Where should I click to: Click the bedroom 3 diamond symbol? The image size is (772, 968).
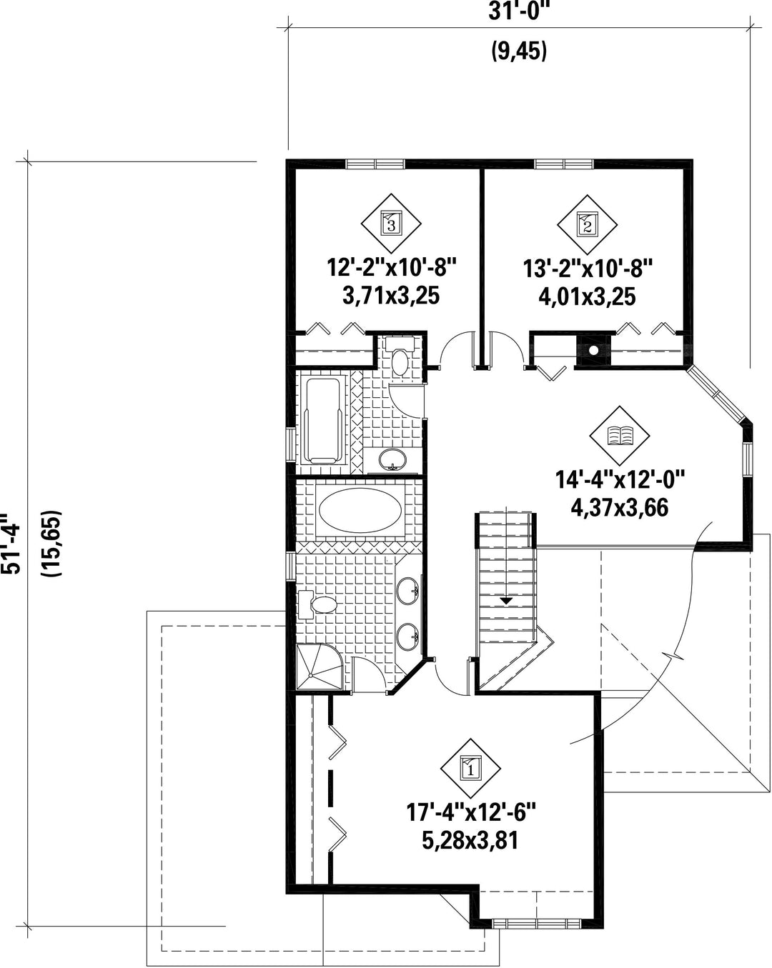click(390, 224)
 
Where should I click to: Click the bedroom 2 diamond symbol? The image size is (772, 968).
click(587, 224)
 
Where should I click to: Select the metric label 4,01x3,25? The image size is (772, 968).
click(587, 297)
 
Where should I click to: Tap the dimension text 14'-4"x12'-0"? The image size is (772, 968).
click(620, 479)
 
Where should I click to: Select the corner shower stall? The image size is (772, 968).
click(320, 666)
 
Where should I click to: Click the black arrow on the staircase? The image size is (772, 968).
click(506, 601)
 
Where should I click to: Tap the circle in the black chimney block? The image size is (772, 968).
click(594, 349)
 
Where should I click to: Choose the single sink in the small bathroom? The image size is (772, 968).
click(392, 459)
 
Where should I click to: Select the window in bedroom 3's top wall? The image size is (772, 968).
click(375, 164)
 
